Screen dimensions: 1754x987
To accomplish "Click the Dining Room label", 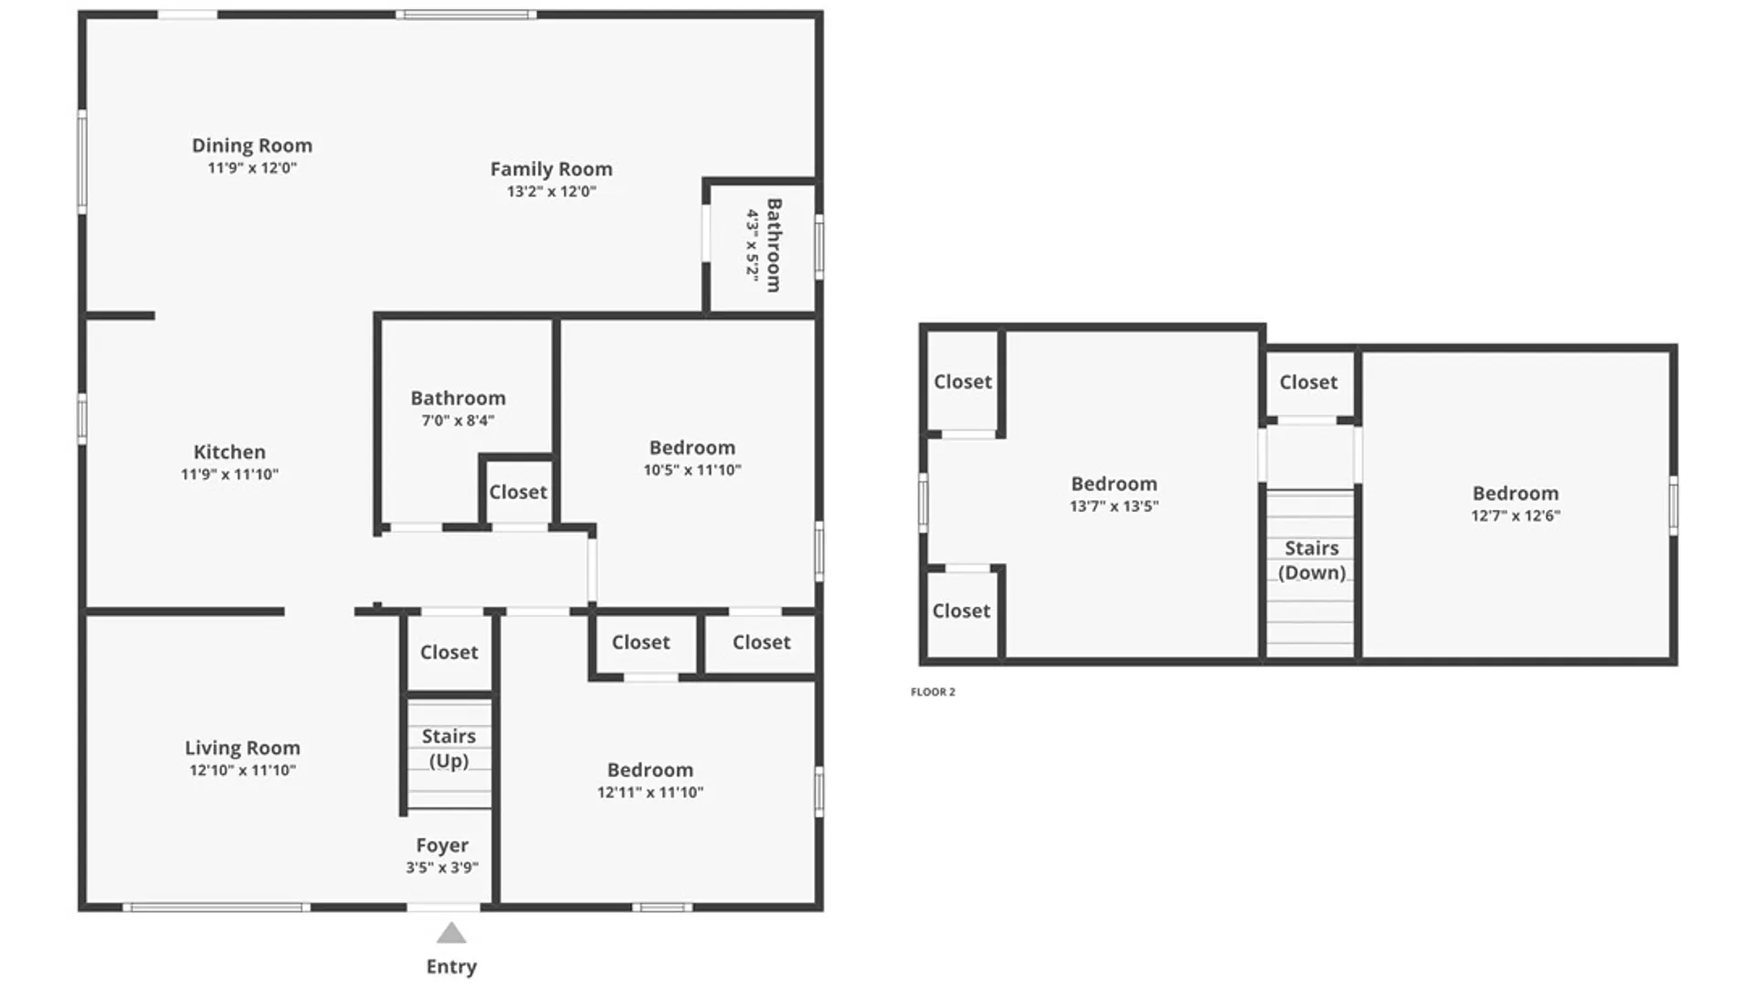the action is click(252, 145).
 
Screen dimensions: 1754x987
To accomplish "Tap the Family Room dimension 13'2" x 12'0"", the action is click(552, 191).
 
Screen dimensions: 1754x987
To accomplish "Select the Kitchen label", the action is click(229, 451).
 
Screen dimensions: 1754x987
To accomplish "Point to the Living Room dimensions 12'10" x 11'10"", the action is click(243, 769).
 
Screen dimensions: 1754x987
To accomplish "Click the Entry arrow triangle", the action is click(451, 933).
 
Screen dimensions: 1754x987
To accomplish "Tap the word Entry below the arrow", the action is click(451, 966).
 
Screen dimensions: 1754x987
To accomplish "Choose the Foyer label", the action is click(442, 845).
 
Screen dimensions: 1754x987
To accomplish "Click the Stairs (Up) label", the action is click(449, 748).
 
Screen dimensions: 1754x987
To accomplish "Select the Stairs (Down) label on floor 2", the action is click(1312, 560).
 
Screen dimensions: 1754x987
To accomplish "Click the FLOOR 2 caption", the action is click(933, 692).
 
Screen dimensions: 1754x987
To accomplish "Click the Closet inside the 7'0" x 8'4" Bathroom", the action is click(518, 492).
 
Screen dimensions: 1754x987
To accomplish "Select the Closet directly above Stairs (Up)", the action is click(449, 652).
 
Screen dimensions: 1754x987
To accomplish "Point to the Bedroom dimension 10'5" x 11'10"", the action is click(692, 470).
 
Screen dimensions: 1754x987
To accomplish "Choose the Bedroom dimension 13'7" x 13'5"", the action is click(1115, 505).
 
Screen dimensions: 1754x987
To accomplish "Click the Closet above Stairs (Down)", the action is click(1308, 382).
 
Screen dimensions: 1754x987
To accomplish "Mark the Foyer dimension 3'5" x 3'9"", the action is click(442, 867).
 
